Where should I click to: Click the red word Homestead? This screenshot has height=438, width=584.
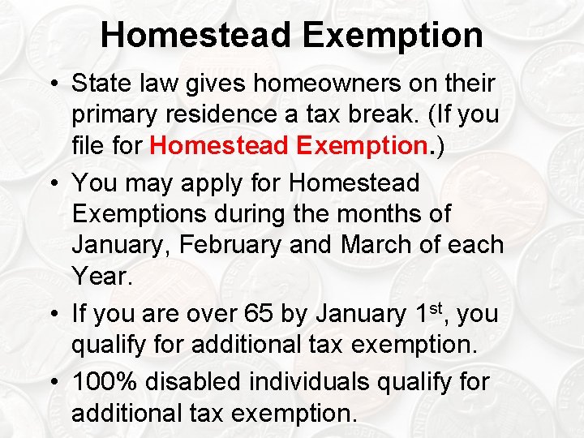coord(219,146)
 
